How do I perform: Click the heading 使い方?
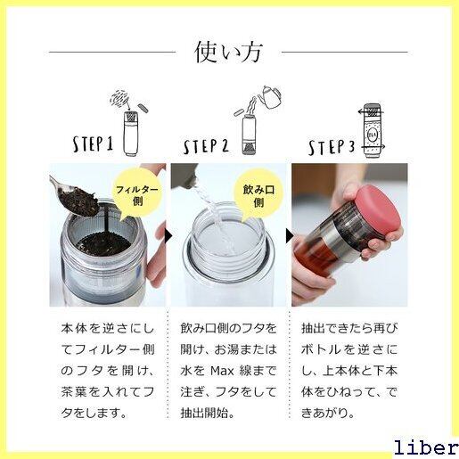click(x=228, y=53)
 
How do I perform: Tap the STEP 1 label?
click(x=93, y=144)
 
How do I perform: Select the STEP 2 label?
click(x=206, y=146)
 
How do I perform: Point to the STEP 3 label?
click(x=332, y=147)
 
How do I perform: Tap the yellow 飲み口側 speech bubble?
click(x=258, y=193)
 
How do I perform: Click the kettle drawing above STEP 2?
click(x=270, y=97)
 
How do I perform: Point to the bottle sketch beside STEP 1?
click(x=131, y=134)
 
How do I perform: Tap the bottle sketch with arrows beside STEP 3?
click(x=372, y=131)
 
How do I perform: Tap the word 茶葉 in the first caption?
click(x=74, y=392)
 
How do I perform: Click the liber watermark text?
click(x=426, y=447)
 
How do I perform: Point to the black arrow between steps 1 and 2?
click(x=168, y=236)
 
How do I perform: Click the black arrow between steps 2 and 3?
click(x=289, y=236)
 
